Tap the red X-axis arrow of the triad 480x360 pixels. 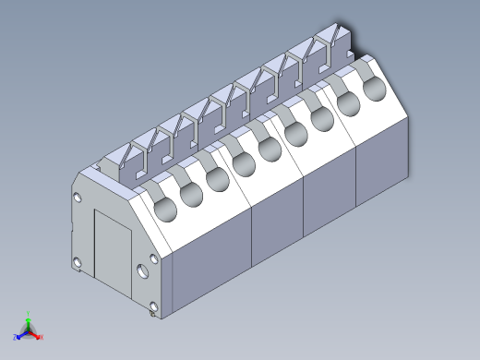pos(37,336)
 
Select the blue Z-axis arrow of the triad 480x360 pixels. pos(20,335)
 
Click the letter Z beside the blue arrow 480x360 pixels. pos(15,338)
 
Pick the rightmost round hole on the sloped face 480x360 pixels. pos(374,90)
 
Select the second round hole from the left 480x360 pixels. pos(191,193)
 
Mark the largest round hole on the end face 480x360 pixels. pos(142,271)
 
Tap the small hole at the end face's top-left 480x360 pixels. pos(78,198)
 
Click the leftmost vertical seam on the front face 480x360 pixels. pos(252,235)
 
